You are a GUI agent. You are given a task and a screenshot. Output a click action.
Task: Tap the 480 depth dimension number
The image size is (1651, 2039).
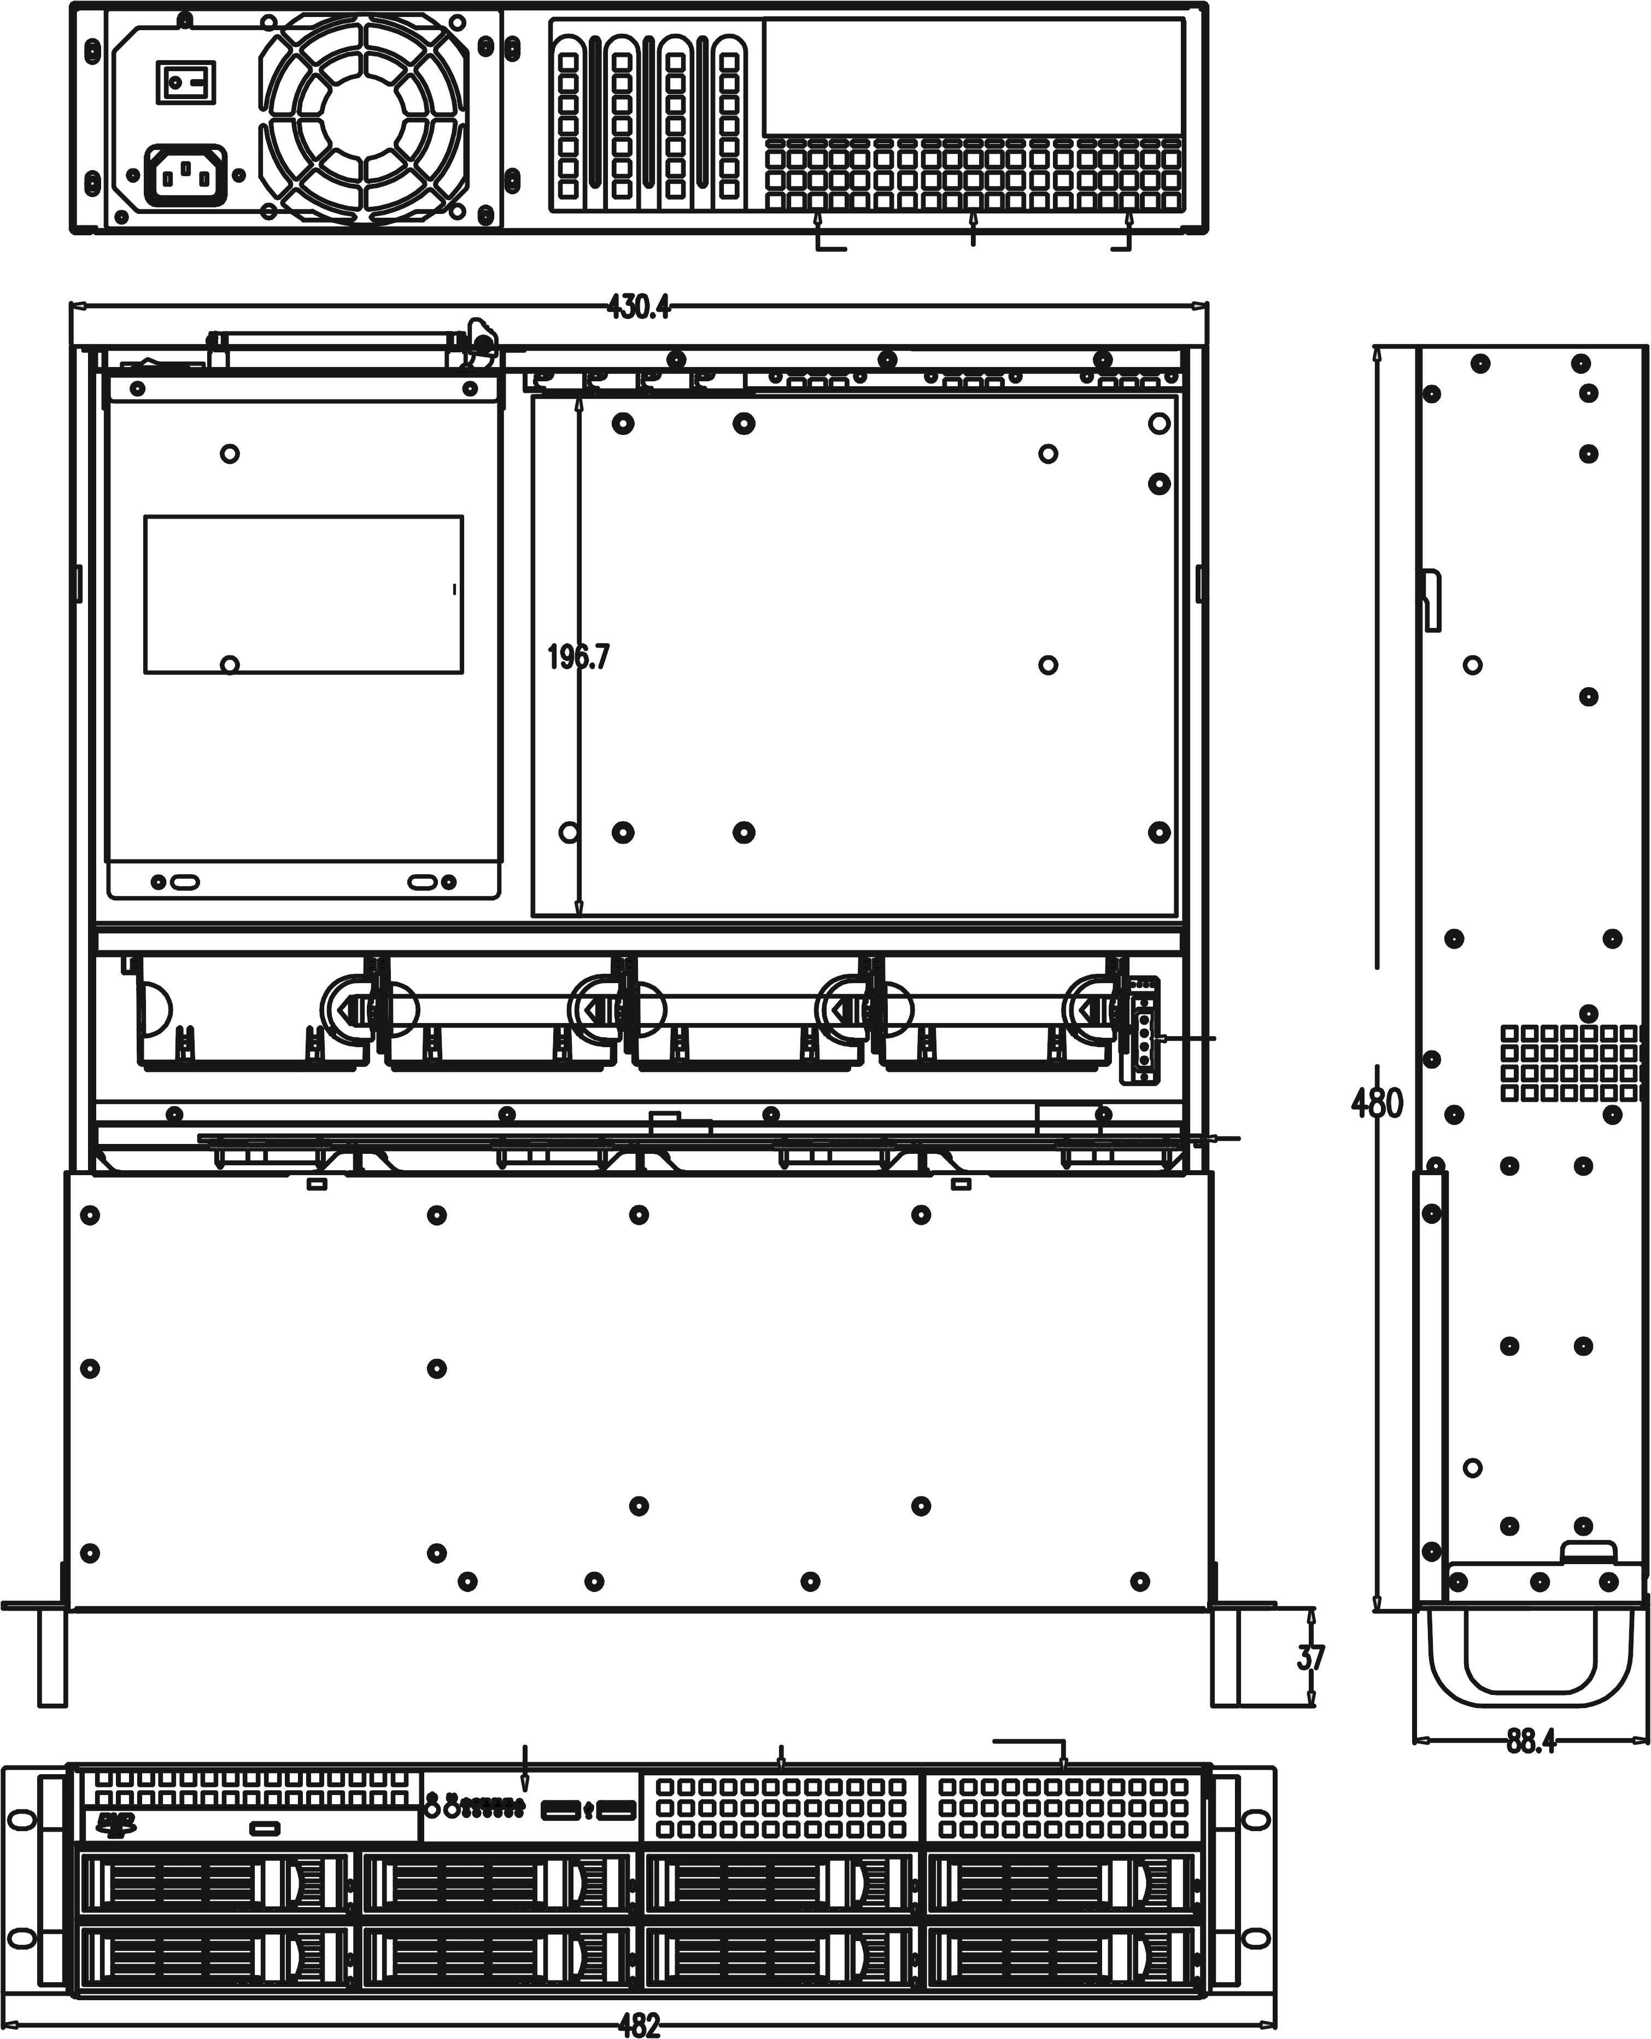[x=1377, y=1103]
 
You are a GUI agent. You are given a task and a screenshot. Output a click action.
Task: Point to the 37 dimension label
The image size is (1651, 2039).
[x=1310, y=1657]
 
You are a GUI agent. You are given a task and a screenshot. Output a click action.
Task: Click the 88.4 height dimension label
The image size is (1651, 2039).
[x=1531, y=1741]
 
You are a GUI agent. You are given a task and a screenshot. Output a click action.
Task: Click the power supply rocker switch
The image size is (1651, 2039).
[x=186, y=82]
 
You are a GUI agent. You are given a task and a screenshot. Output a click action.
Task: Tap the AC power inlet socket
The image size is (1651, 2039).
[x=185, y=175]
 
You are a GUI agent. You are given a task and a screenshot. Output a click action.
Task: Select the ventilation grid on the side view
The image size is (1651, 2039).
[x=1571, y=1064]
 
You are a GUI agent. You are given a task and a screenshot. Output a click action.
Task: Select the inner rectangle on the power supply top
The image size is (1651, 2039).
[x=303, y=595]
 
